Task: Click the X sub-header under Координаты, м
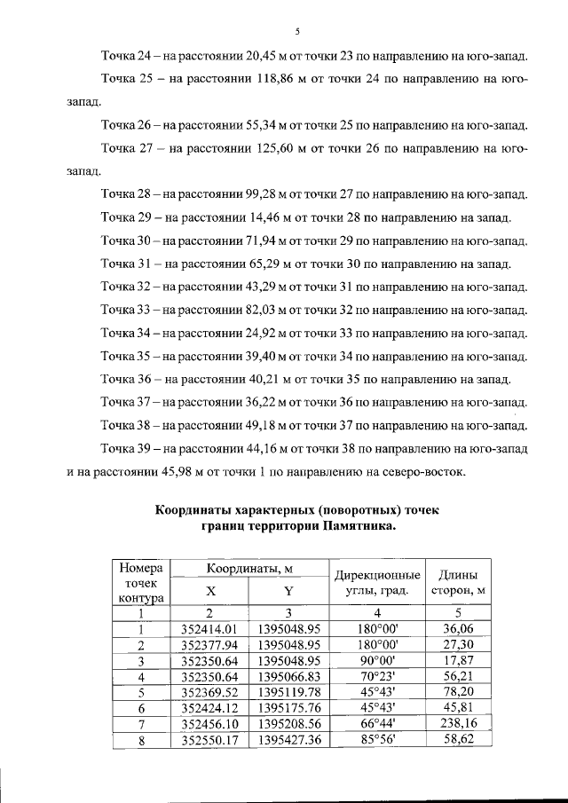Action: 209,590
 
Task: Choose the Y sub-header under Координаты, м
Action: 288,590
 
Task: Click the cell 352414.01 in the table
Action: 209,629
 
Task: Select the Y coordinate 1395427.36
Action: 288,741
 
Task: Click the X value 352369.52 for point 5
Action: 209,693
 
